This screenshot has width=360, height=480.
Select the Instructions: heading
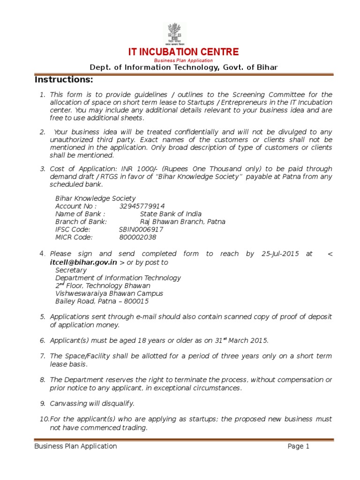(64, 79)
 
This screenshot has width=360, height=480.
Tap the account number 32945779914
(142, 206)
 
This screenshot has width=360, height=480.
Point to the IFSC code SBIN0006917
(141, 229)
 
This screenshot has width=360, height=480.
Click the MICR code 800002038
(137, 237)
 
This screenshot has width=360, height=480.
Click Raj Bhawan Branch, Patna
(182, 222)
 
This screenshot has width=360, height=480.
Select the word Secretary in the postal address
(71, 270)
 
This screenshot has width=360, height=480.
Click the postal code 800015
(135, 301)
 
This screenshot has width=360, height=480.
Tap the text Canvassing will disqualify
(92, 403)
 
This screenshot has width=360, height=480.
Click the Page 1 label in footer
(299, 446)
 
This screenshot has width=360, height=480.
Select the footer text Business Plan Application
(75, 446)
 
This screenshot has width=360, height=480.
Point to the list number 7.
(42, 356)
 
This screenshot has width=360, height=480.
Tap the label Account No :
(76, 206)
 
